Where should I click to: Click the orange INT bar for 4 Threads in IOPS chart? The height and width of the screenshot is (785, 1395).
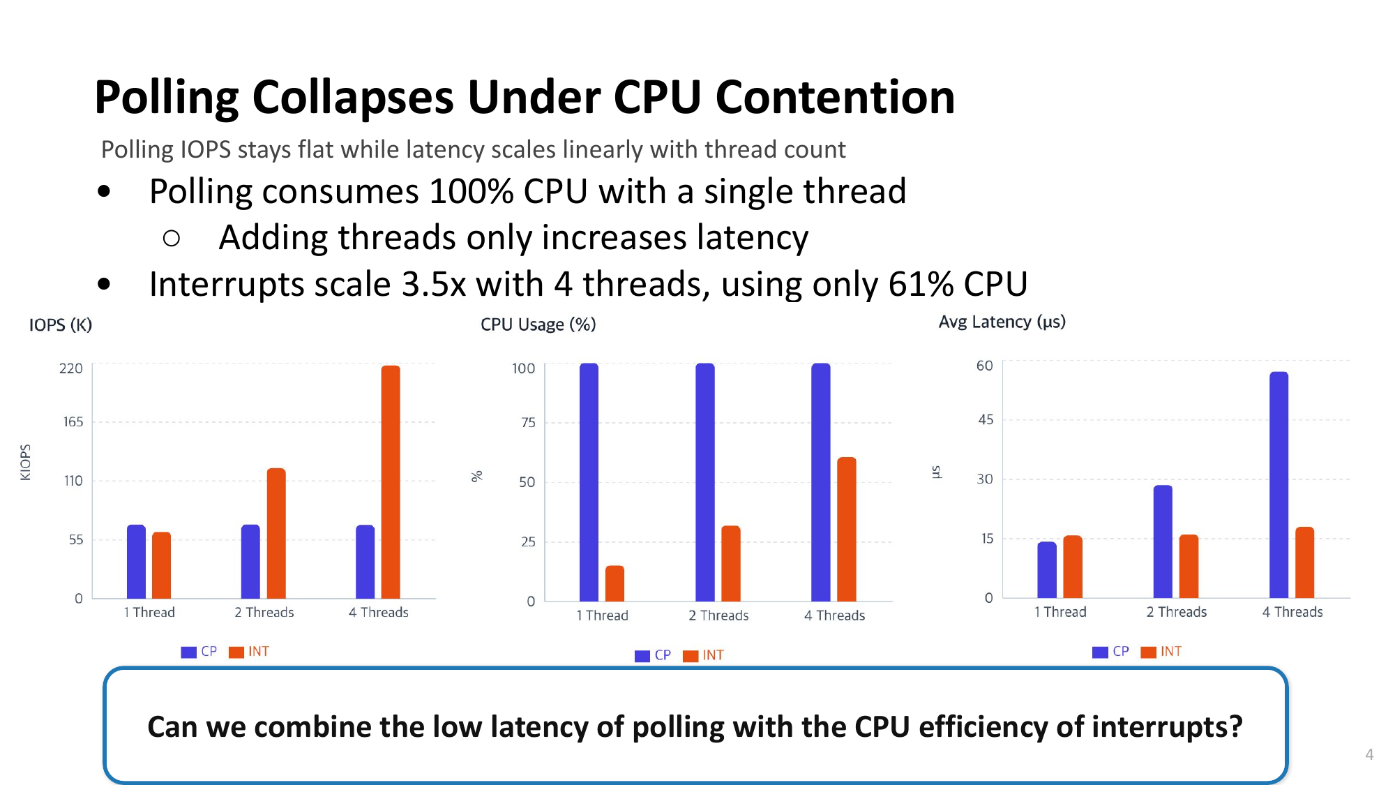pos(391,481)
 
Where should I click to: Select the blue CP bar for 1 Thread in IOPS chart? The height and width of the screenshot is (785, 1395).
pos(136,562)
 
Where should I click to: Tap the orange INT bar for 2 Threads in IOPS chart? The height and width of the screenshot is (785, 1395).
pos(276,533)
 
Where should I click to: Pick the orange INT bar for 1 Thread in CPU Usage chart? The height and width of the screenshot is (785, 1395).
pos(614,583)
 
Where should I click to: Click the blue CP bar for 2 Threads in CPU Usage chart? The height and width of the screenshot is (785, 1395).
pos(705,481)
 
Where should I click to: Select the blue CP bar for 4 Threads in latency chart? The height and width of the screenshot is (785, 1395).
pos(1279,485)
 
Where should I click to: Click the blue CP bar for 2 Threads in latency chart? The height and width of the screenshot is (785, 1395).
pos(1163,541)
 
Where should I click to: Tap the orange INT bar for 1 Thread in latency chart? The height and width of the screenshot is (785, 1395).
pos(1073,567)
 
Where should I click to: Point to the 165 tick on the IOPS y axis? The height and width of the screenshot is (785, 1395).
pos(73,422)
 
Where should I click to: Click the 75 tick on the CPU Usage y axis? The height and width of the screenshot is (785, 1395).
pos(529,423)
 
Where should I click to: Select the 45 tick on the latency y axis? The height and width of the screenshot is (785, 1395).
pos(986,420)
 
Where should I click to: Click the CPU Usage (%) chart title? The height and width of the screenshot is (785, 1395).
pos(538,324)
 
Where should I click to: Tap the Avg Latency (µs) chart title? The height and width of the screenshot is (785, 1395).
pos(1002,322)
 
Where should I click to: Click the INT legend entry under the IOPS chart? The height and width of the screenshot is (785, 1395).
pos(250,652)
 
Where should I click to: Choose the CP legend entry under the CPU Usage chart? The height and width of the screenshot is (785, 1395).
pos(654,655)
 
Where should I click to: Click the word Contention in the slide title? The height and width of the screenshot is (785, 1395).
pos(835,97)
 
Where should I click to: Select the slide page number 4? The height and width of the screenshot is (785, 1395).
pos(1369,754)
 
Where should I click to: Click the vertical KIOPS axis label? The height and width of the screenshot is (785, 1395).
pos(26,462)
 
